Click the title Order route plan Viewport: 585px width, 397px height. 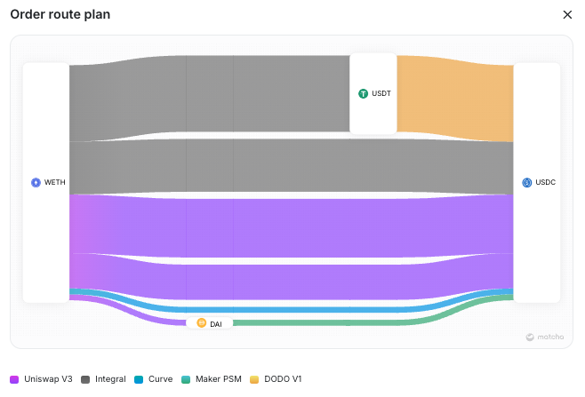tap(60, 15)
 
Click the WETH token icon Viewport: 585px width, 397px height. tap(36, 183)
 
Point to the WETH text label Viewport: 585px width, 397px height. tap(55, 183)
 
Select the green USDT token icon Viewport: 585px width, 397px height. tap(363, 93)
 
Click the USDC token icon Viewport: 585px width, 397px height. tap(526, 182)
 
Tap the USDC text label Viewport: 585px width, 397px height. tap(545, 182)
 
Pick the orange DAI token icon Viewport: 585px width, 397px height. tap(202, 323)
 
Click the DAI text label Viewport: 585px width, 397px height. tap(216, 324)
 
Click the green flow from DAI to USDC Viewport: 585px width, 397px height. tap(356, 322)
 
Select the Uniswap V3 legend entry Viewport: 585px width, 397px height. tap(42, 379)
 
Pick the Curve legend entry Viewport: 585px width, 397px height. tap(153, 379)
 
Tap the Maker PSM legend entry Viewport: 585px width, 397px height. tap(210, 379)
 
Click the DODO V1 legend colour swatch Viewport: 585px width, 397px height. tap(255, 379)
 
